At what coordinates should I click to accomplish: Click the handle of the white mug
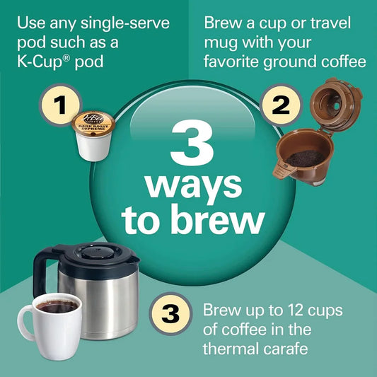23,323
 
